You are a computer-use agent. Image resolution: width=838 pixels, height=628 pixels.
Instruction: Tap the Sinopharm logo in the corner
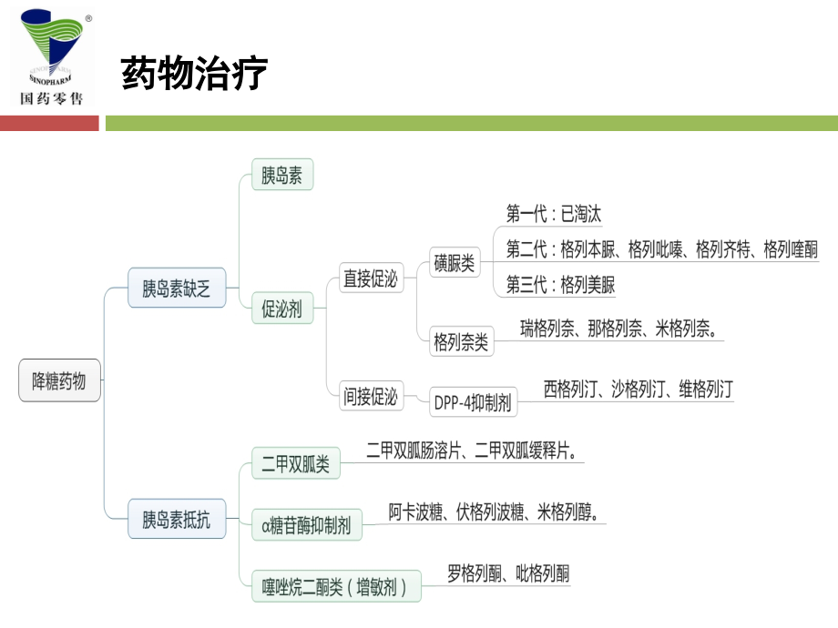pyautogui.click(x=55, y=56)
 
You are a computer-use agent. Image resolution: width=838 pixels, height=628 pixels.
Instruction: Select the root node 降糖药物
pyautogui.click(x=59, y=381)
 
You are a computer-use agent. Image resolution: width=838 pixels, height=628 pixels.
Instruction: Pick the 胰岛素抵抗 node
pyautogui.click(x=176, y=520)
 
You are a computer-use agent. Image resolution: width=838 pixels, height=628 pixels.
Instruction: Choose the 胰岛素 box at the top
pyautogui.click(x=281, y=176)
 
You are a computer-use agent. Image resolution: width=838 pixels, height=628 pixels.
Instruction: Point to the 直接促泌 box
pyautogui.click(x=370, y=279)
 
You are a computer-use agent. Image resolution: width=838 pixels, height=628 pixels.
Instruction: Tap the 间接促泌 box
pyautogui.click(x=370, y=396)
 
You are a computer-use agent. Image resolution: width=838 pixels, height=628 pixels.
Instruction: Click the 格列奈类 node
pyautogui.click(x=461, y=343)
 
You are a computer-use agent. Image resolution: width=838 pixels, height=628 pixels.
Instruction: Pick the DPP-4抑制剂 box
pyautogui.click(x=473, y=401)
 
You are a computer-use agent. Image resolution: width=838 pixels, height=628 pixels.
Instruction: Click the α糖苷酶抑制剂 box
pyautogui.click(x=306, y=524)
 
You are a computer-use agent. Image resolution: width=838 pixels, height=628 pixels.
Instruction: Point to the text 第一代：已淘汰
pyautogui.click(x=554, y=215)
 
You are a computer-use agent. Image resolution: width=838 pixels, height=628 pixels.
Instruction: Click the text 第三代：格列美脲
pyautogui.click(x=560, y=285)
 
